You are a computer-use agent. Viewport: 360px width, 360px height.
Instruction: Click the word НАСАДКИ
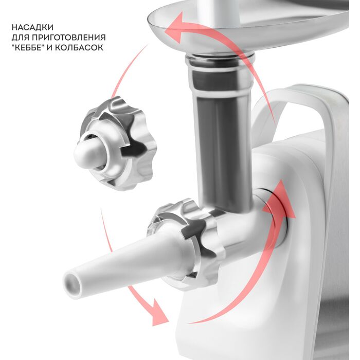coord(32,27)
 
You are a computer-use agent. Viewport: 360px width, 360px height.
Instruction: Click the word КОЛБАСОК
coord(79,47)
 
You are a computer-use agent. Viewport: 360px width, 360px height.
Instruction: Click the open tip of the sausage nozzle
coord(73,285)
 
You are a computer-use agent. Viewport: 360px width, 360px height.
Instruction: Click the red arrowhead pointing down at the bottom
coord(159,313)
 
